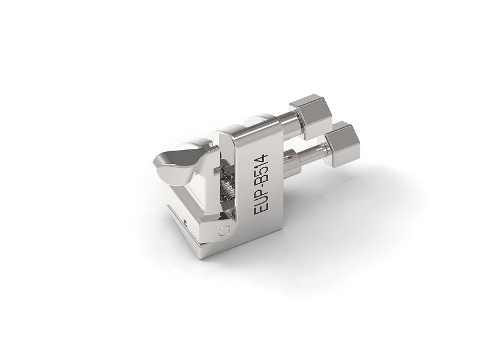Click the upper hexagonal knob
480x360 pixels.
point(311,119)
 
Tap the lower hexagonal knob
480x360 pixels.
point(342,144)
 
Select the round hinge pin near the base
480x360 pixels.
point(224,230)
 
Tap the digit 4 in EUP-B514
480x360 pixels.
point(261,158)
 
